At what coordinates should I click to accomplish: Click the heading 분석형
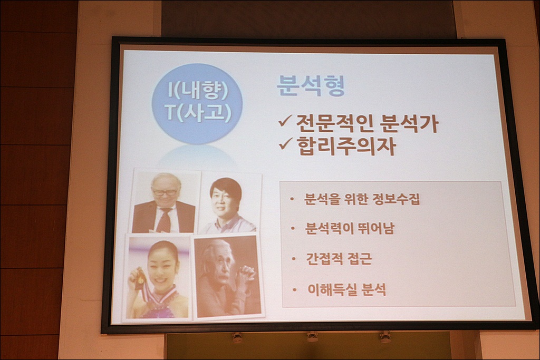[x=311, y=86]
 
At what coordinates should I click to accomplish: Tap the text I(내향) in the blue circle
[x=198, y=90]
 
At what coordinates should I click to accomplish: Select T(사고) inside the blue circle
[x=198, y=113]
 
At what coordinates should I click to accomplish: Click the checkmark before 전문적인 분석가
[x=285, y=121]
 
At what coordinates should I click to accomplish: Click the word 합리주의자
[x=346, y=146]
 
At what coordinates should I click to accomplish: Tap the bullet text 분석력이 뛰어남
[x=349, y=228]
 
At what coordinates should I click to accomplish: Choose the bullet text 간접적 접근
[x=339, y=259]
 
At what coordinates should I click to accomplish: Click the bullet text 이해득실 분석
[x=346, y=290]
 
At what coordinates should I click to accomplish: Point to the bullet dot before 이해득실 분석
[x=294, y=290]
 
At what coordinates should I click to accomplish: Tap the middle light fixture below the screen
[x=312, y=337]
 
